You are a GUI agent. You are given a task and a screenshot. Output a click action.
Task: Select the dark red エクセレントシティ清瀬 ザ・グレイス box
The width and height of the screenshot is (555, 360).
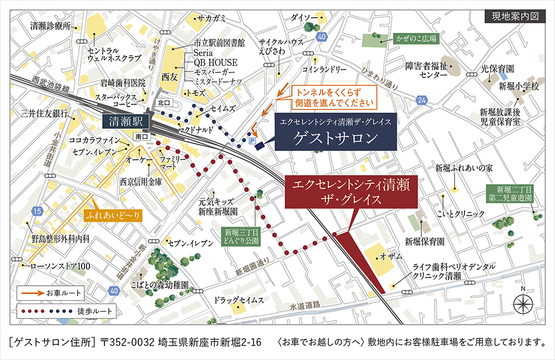pyautogui.click(x=351, y=192)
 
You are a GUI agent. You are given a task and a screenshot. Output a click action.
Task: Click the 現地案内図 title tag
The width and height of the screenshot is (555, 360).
pyautogui.click(x=515, y=16)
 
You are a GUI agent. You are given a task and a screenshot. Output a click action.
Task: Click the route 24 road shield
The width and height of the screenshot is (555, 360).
pyautogui.click(x=423, y=100)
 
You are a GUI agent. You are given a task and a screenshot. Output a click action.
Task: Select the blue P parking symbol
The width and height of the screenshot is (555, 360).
pyautogui.click(x=252, y=143)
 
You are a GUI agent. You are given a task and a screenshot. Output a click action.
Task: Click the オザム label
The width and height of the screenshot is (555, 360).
pyautogui.click(x=387, y=256)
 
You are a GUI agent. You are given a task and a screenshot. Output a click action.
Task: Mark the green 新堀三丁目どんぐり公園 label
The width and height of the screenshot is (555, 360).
pyautogui.click(x=240, y=236)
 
